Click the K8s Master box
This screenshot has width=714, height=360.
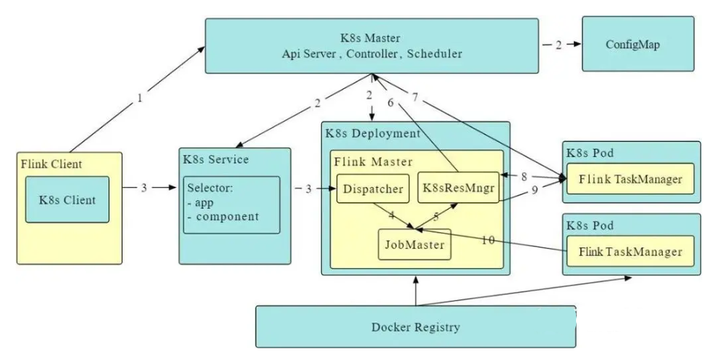pyautogui.click(x=372, y=45)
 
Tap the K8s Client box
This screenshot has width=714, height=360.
pyautogui.click(x=67, y=199)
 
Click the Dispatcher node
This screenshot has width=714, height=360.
pyautogui.click(x=372, y=189)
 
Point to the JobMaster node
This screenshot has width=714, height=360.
pyautogui.click(x=414, y=245)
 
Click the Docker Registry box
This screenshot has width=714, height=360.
pyautogui.click(x=415, y=326)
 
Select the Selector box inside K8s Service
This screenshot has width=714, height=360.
pyautogui.click(x=231, y=204)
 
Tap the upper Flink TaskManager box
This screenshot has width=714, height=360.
pyautogui.click(x=629, y=179)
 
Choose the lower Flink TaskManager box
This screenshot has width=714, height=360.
pyautogui.click(x=629, y=252)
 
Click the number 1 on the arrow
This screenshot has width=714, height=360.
pyautogui.click(x=139, y=96)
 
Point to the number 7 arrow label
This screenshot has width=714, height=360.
pyautogui.click(x=415, y=97)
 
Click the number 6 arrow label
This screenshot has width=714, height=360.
pyautogui.click(x=391, y=103)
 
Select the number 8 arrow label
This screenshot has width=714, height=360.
pyautogui.click(x=523, y=176)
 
